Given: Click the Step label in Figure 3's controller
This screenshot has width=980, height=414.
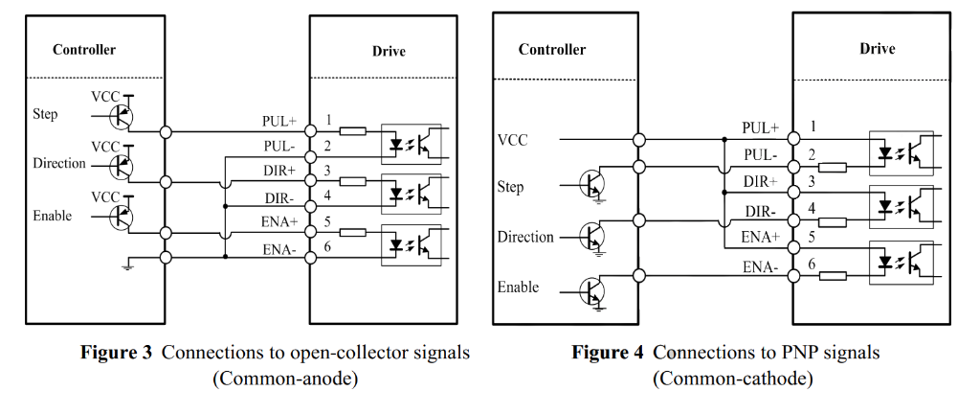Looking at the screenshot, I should [45, 114].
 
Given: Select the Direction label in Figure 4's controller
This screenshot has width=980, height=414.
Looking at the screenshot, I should [525, 237].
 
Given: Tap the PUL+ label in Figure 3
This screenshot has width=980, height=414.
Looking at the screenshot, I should [279, 122].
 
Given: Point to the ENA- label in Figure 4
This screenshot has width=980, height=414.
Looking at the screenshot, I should [761, 266].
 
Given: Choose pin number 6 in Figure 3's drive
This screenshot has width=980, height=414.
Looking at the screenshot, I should [327, 247].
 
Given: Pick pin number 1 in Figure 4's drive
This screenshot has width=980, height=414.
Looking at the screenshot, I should [813, 126].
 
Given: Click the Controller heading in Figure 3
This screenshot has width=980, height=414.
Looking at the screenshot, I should [84, 50].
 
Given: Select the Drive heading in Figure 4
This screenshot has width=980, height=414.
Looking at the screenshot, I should [877, 48].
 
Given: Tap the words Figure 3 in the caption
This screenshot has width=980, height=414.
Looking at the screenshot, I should [116, 353].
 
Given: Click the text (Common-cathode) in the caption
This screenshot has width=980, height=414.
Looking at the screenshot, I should [733, 379].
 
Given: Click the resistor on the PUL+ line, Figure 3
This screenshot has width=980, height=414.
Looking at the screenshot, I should [352, 130].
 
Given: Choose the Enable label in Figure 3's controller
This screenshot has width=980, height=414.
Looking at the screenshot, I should [52, 216].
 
